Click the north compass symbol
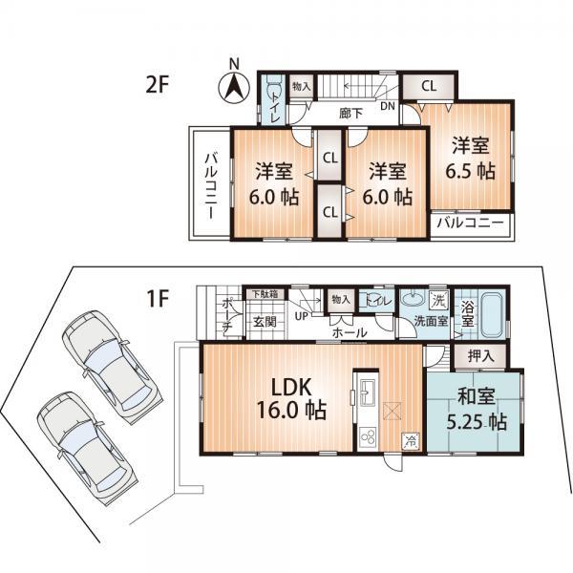tap(234, 87)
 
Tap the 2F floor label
tap(158, 84)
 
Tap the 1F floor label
tap(158, 298)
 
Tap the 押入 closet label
tap(481, 355)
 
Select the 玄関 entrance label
tap(265, 323)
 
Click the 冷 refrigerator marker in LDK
tap(410, 441)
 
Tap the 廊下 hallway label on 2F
tap(352, 112)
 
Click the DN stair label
tap(390, 106)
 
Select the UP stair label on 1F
tap(302, 314)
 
